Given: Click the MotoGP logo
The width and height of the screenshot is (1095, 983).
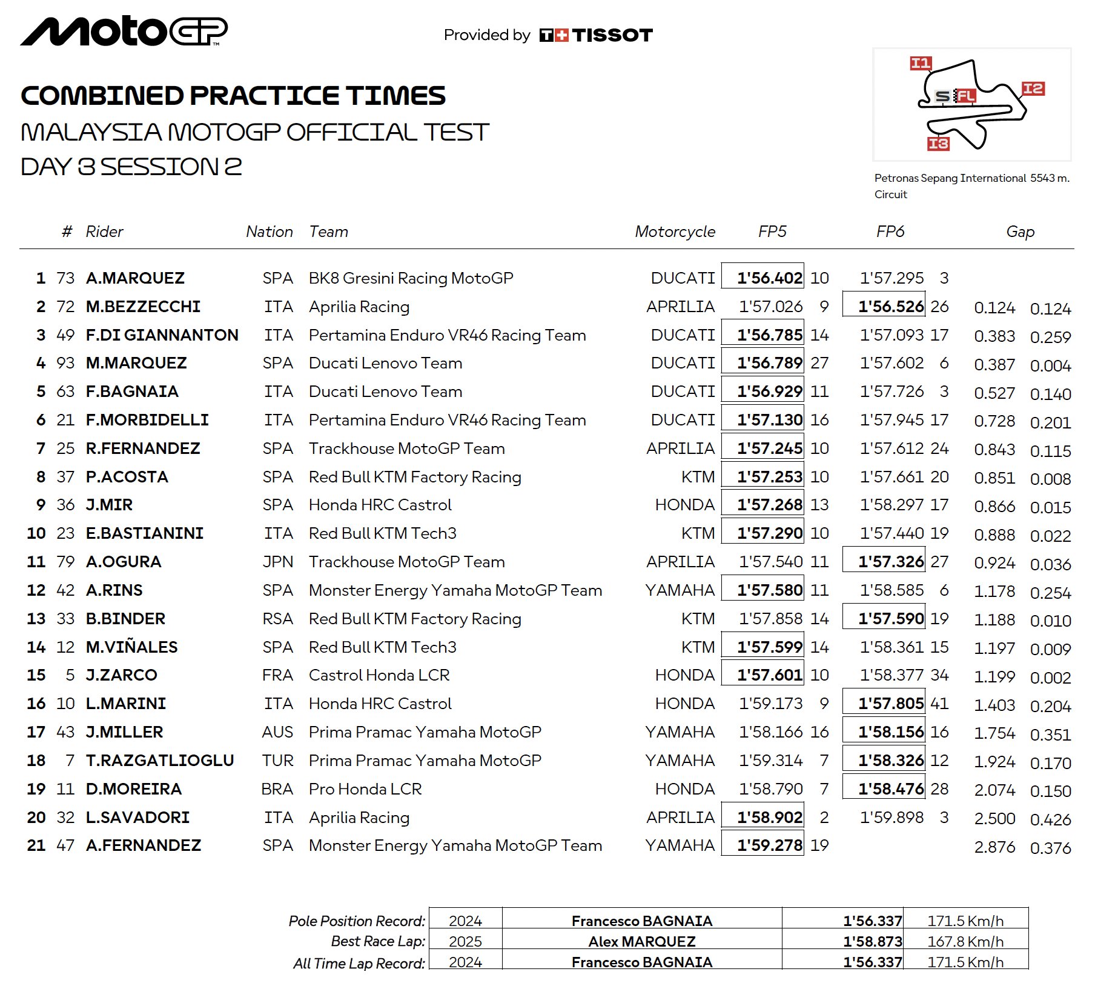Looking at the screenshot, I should [124, 32].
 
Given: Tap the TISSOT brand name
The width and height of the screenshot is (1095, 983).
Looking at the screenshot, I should [612, 35].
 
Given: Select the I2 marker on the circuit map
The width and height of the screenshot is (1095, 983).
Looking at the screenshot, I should [1033, 89].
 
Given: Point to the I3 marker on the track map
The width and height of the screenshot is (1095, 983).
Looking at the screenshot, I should [938, 144].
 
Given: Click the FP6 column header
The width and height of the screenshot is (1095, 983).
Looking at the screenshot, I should [890, 232].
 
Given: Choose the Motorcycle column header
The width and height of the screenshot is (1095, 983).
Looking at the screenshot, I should [675, 232].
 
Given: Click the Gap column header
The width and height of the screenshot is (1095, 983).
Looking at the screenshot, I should [1020, 232].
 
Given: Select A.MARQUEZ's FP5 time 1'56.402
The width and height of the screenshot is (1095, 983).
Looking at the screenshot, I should [769, 278].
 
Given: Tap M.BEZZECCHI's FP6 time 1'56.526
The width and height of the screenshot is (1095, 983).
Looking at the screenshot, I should [890, 307].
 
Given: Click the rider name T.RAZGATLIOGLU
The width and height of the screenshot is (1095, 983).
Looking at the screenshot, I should [160, 761].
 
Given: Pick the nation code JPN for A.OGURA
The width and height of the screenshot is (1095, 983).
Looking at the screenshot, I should [277, 562].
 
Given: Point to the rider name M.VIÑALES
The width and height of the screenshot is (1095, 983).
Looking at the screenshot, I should [131, 647].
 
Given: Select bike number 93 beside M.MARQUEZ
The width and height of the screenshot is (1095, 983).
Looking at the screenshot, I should [65, 363].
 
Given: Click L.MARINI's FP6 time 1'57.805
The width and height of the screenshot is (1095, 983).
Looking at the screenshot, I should [890, 704].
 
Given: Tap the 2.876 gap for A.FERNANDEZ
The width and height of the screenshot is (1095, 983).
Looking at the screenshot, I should [994, 847].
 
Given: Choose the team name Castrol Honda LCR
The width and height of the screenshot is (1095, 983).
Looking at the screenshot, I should [379, 675].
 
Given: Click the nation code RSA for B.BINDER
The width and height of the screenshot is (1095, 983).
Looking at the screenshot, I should [277, 619].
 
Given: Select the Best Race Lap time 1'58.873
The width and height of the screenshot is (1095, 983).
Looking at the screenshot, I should [872, 942].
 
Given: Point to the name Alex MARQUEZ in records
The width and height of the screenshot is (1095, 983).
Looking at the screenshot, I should [641, 942].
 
